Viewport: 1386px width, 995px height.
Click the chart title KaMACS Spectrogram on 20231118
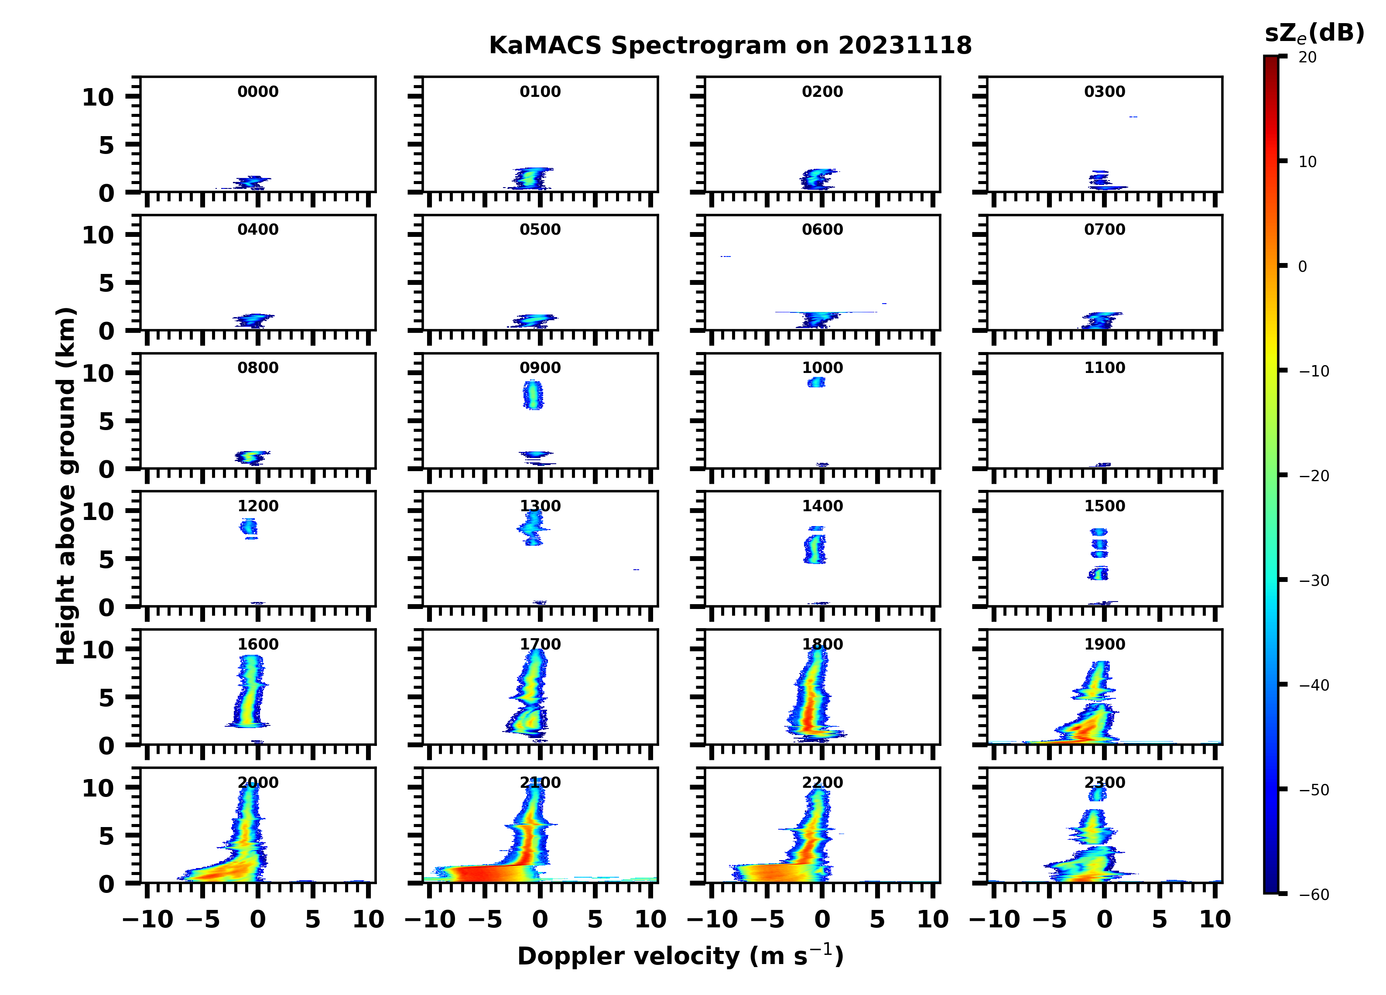[x=730, y=46]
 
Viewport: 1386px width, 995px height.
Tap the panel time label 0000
[x=258, y=92]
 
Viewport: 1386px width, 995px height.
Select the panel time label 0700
[x=1104, y=230]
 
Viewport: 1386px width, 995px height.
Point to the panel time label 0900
[x=540, y=368]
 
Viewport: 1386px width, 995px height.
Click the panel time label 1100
[x=1104, y=368]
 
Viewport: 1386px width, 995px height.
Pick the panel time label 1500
[x=1104, y=506]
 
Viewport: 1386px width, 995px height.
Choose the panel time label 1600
[x=258, y=644]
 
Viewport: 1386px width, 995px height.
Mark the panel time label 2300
[x=1104, y=782]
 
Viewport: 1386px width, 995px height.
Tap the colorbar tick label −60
[x=1313, y=895]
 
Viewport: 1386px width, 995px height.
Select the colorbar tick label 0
[x=1302, y=267]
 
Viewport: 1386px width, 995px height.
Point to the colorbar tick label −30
[x=1313, y=581]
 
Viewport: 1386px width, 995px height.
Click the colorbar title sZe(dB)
[x=1314, y=34]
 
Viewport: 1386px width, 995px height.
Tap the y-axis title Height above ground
[x=66, y=486]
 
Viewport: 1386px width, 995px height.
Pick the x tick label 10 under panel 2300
[x=1214, y=919]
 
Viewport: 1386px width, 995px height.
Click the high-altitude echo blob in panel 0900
[x=533, y=395]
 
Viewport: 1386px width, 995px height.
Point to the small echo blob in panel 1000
[x=816, y=383]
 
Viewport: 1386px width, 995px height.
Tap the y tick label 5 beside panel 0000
[x=106, y=145]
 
